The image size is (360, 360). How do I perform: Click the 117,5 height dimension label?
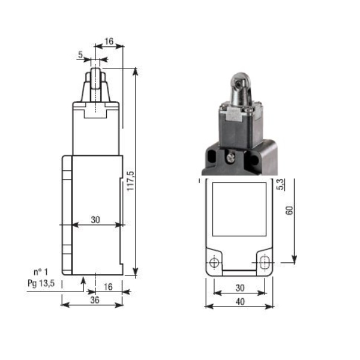point(131,181)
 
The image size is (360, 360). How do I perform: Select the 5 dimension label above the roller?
point(80,55)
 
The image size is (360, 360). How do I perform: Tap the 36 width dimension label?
point(95,300)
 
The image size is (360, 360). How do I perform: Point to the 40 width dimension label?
point(240,301)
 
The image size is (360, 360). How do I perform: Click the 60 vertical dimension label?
point(289,211)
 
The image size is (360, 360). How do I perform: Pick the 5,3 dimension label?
point(281,184)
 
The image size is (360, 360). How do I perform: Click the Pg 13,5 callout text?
point(41,283)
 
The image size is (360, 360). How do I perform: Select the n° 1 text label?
point(41,272)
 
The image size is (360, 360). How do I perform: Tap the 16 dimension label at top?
point(109,41)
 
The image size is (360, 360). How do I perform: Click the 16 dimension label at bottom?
point(108,287)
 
